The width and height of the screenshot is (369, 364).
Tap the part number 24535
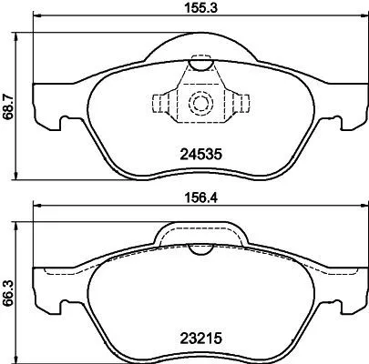click(x=197, y=154)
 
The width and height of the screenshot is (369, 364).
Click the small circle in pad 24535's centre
click(x=198, y=103)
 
